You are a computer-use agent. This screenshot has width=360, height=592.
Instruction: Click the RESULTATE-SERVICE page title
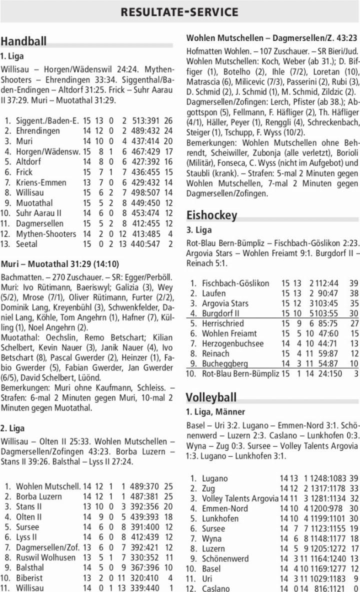pyautogui.click(x=179, y=11)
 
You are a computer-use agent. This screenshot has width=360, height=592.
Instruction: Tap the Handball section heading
pyautogui.click(x=23, y=41)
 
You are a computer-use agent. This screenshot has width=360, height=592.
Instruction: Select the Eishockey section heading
pyautogui.click(x=211, y=215)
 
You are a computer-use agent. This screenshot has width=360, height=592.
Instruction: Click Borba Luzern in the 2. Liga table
pyautogui.click(x=39, y=496)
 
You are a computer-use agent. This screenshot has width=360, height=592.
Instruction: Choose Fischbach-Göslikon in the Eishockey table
pyautogui.click(x=235, y=283)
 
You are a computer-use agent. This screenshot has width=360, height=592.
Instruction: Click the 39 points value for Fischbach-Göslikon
pyautogui.click(x=353, y=283)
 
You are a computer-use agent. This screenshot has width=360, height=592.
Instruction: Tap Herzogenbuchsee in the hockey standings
pyautogui.click(x=232, y=343)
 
